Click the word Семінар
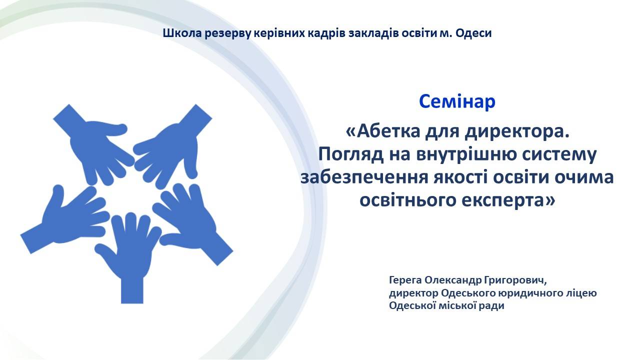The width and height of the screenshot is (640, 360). [457, 101]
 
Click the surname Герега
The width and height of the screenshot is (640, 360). [405, 280]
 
